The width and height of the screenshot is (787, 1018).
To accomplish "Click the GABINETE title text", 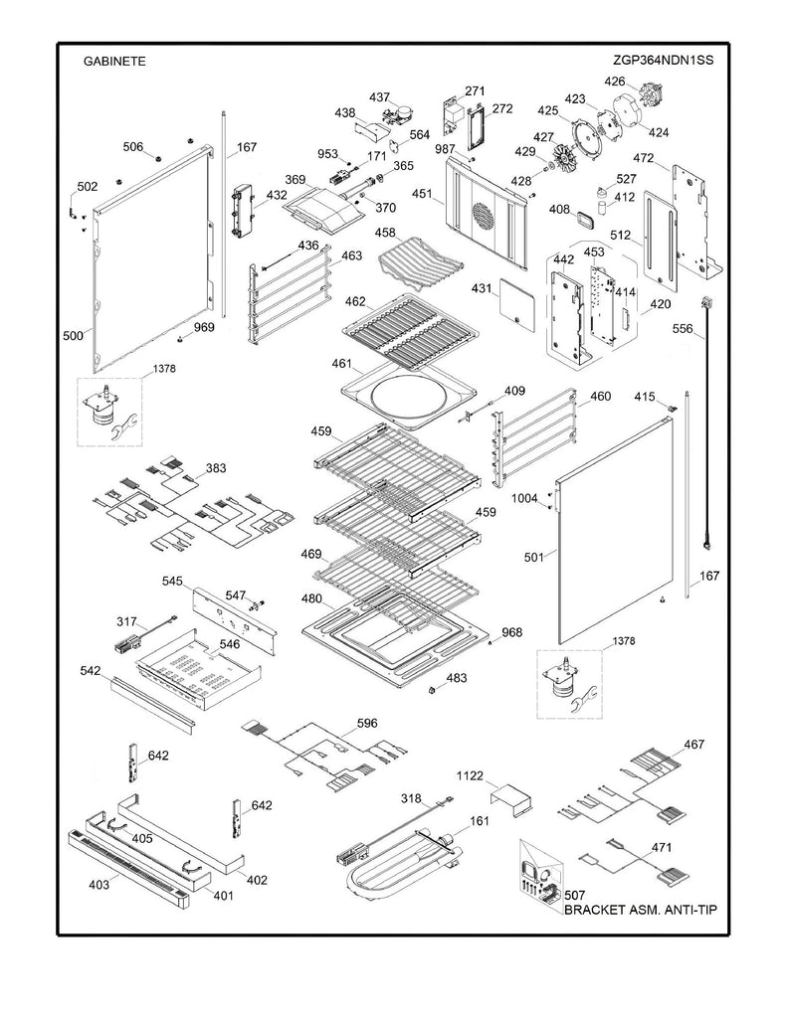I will point(114,61).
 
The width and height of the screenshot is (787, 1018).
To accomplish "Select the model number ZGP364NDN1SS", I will point(665,60).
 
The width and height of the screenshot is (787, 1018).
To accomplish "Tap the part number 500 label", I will point(72,336).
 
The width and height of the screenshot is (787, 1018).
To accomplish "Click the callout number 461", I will point(342,364).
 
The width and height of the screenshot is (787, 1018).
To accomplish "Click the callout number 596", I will point(367,724).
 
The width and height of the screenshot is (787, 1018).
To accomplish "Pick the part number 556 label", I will point(682,328).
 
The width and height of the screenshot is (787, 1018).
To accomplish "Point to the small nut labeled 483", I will point(433,689).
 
